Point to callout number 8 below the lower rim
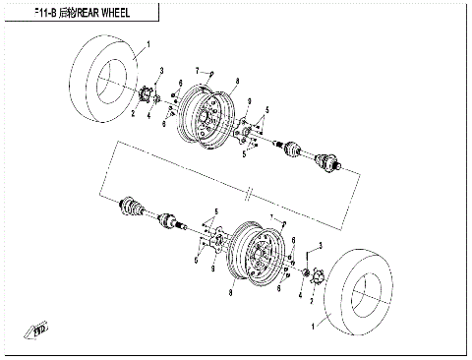(230, 293)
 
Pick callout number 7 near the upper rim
(198, 69)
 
